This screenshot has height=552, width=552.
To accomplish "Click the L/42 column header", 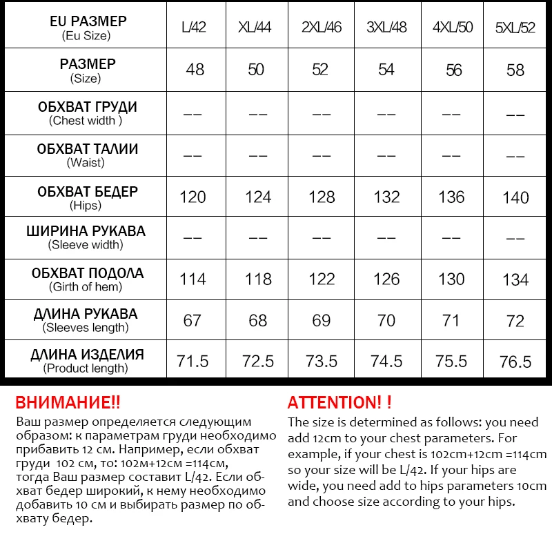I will click(193, 28).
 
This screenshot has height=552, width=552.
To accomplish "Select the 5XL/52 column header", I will click(515, 28).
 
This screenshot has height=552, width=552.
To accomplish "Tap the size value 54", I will click(386, 70).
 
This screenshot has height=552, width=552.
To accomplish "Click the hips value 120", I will click(193, 197).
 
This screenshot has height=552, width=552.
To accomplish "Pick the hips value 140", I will click(515, 197).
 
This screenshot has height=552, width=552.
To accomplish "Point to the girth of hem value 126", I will click(386, 279).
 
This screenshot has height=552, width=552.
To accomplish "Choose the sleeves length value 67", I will click(193, 321).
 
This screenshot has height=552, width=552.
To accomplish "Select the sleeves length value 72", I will click(515, 321).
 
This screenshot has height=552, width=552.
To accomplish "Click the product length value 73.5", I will click(322, 362).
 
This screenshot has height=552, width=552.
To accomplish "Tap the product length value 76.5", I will click(515, 362).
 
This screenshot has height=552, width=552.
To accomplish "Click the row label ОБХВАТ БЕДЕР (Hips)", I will click(87, 197).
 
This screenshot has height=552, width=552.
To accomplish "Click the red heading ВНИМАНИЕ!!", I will click(68, 402).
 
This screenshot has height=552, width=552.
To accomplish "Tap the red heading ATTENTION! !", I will click(339, 402).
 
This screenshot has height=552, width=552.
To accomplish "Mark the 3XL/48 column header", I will click(386, 28).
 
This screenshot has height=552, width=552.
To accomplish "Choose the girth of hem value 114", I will click(193, 279).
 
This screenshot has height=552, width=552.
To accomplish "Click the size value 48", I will click(195, 70).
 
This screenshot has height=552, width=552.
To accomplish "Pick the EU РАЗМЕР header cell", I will click(87, 27).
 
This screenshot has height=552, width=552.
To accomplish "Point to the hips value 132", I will click(386, 197).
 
